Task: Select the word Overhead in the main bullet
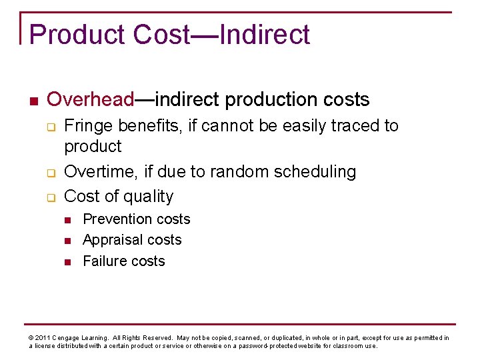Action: pos(91,100)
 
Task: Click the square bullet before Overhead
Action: pos(33,101)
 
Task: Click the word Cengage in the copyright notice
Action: pos(69,338)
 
